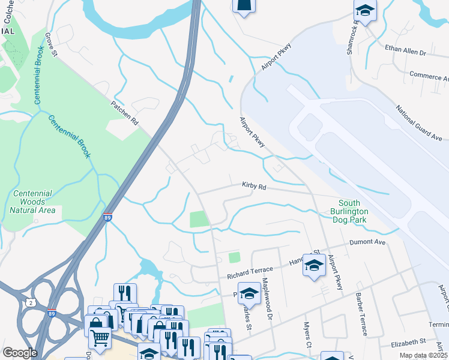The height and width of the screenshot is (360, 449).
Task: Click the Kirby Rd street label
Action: (254, 187)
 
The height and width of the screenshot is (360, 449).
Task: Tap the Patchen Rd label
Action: (124, 112)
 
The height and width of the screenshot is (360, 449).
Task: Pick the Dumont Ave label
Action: (368, 242)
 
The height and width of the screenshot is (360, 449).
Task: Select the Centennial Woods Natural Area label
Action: (32, 202)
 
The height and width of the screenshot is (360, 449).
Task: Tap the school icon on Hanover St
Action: (314, 265)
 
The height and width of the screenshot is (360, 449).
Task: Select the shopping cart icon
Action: (99, 337)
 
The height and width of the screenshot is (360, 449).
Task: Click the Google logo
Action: (20, 353)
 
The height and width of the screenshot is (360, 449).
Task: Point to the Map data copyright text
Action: (423, 356)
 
